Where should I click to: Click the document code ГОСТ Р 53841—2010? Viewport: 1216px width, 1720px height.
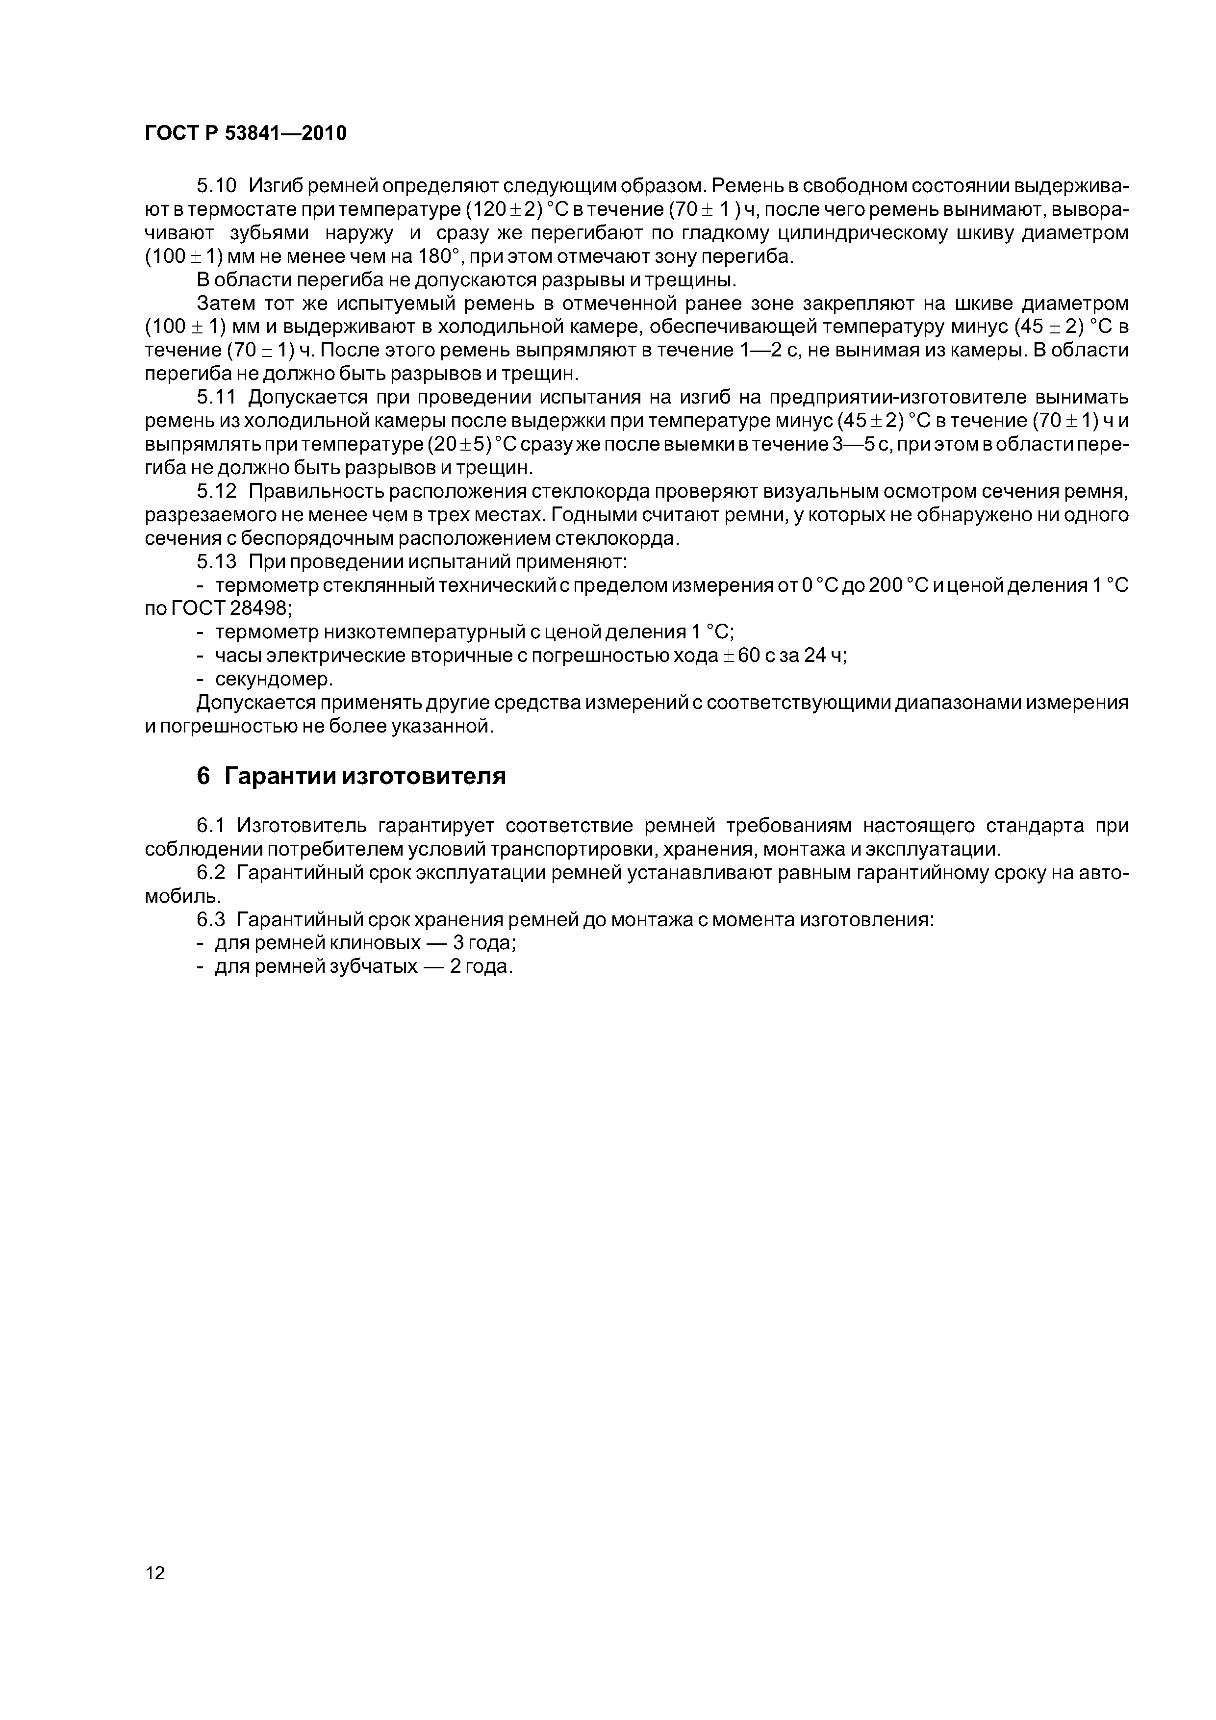coord(245,133)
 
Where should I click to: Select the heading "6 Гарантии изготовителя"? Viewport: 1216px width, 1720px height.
coord(351,777)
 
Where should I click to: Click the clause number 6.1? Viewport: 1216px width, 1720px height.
coord(211,826)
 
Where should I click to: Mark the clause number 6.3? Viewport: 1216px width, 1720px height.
coord(211,920)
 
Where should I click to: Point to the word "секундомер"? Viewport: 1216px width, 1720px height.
coord(273,680)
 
